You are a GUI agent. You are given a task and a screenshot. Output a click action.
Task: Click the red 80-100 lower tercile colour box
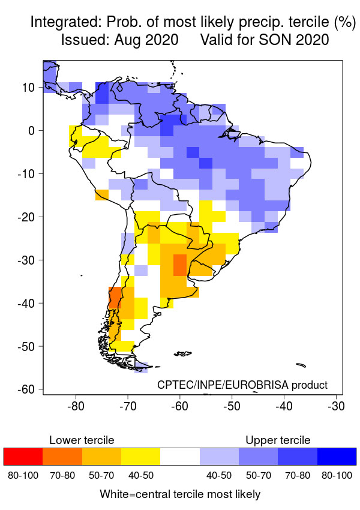click(23, 457)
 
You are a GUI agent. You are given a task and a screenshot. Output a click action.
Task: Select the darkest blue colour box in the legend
click(337, 457)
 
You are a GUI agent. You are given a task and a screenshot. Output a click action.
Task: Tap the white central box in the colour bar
click(180, 457)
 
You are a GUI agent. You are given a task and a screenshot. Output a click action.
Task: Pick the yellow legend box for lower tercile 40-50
click(140, 457)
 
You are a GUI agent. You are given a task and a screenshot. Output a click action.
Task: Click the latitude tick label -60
click(28, 389)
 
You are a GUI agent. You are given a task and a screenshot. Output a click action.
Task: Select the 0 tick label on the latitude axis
click(34, 130)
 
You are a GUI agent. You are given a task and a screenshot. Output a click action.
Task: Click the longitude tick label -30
click(336, 406)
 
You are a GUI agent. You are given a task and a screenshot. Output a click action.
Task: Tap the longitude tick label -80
click(76, 406)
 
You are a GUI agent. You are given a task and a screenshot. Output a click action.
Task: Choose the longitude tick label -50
click(232, 406)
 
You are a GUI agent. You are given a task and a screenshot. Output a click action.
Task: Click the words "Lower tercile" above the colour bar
click(82, 440)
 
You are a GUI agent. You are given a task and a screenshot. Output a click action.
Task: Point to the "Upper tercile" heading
click(278, 440)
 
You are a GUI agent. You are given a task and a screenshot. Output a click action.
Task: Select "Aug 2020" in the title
click(149, 41)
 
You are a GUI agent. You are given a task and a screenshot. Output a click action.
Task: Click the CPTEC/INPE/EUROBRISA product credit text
click(242, 385)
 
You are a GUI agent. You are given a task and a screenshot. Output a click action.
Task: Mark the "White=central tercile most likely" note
click(180, 494)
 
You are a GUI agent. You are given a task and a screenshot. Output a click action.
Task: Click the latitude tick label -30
click(28, 260)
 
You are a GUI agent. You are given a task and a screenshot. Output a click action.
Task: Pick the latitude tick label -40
click(28, 303)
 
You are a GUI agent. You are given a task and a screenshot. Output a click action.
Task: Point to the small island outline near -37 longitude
click(301, 364)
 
